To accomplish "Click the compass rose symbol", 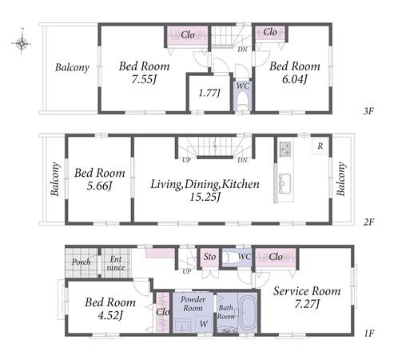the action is (22, 42).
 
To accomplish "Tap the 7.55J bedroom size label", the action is (143, 79).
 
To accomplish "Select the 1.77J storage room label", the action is (209, 93).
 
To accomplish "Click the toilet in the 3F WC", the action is (243, 100).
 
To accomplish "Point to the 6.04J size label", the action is (294, 79).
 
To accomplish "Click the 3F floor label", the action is (368, 111).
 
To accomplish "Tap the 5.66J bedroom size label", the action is (99, 186).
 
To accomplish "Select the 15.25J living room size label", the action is (205, 197).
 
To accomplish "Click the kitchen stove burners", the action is (285, 149).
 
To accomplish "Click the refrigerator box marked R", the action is (320, 146).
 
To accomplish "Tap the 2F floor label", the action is (369, 222).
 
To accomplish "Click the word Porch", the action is (82, 262).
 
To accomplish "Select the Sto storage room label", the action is (209, 257).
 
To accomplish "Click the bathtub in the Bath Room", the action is (248, 311).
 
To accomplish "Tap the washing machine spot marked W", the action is (204, 324).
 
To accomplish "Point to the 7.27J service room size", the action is (307, 304).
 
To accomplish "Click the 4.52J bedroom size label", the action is (110, 316).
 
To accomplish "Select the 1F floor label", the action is (369, 333).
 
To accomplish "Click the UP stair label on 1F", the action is (187, 271).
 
